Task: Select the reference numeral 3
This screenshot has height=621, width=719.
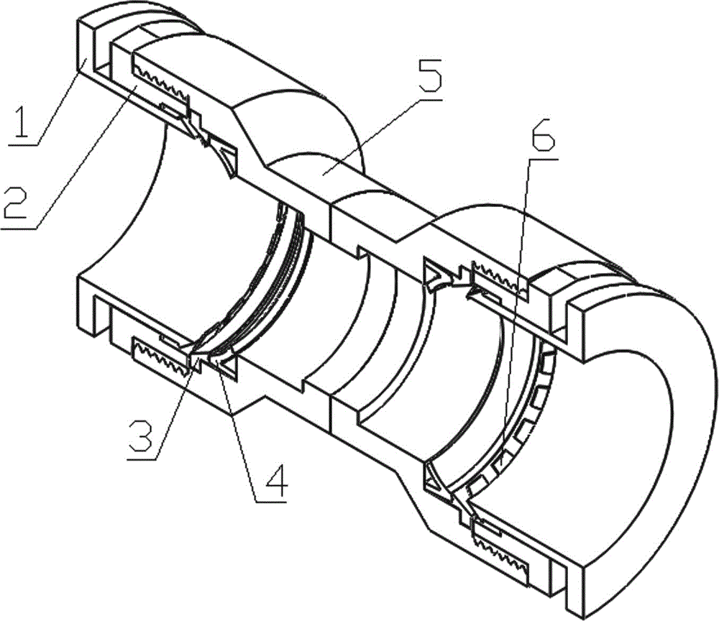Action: pos(141,436)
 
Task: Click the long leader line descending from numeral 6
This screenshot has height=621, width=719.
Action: pos(513,313)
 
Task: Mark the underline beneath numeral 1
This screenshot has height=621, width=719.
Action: pos(22,145)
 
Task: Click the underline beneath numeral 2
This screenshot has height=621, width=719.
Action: pos(19,227)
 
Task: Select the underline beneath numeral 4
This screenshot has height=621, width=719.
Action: pos(271,502)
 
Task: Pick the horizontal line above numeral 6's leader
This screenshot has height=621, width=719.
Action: pos(544,159)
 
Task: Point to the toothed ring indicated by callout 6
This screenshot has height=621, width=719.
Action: pos(527,413)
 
